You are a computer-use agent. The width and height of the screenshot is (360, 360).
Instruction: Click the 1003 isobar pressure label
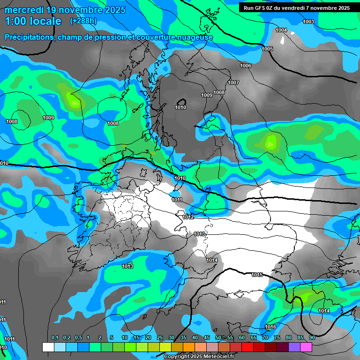[x=308, y=22]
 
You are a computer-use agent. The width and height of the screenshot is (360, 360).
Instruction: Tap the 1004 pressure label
[x=281, y=30]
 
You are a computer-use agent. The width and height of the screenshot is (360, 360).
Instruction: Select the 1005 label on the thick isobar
[x=267, y=49]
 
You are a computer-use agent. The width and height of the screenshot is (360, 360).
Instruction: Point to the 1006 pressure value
[x=246, y=66]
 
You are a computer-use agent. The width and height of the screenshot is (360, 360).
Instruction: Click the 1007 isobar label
[x=233, y=83]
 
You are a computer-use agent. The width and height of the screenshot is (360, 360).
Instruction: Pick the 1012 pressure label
[x=188, y=217]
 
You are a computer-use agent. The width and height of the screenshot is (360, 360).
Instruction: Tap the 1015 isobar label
[x=257, y=275]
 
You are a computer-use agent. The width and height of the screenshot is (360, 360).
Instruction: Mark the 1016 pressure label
[x=270, y=327]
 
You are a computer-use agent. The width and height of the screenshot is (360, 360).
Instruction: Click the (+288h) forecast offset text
[x=83, y=21]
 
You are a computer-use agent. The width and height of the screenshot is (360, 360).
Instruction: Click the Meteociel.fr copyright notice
[x=199, y=357]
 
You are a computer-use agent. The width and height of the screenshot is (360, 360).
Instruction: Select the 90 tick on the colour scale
[x=312, y=337]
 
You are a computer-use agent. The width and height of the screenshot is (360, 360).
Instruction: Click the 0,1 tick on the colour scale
[x=54, y=337]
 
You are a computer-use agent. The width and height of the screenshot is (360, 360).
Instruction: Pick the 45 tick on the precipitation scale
[x=207, y=337]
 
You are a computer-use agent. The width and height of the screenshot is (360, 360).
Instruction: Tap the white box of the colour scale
[x=48, y=347]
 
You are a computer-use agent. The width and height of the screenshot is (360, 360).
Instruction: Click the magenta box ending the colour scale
[x=306, y=347]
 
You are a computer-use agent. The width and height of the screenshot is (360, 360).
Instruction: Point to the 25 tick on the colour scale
[x=159, y=337]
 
